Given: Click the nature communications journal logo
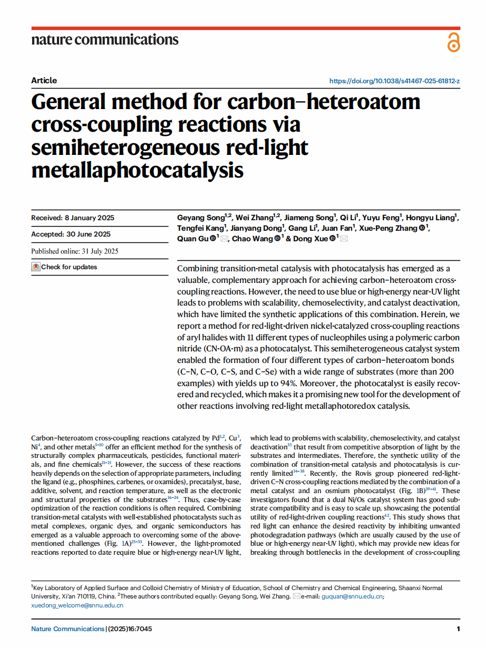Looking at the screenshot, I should pyautogui.click(x=105, y=40).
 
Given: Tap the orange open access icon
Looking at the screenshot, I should pyautogui.click(x=453, y=42).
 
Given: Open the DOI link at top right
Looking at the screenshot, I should pyautogui.click(x=394, y=81).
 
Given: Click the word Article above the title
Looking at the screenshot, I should pyautogui.click(x=44, y=81).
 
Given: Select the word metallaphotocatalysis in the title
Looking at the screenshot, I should pyautogui.click(x=138, y=170).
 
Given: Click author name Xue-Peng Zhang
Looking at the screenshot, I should pyautogui.click(x=390, y=228).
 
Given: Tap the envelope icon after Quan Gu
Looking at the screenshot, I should pyautogui.click(x=225, y=239).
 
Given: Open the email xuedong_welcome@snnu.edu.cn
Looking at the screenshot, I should pyautogui.click(x=77, y=605).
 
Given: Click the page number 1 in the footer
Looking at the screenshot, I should pyautogui.click(x=458, y=629).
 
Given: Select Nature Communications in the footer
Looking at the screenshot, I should pyautogui.click(x=68, y=629).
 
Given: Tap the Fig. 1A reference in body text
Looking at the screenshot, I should pyautogui.click(x=110, y=543).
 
